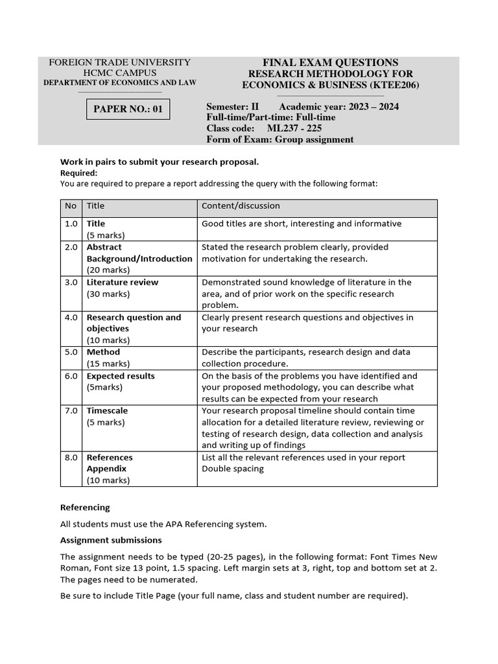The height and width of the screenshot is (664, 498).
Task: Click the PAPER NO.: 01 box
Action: tap(128, 109)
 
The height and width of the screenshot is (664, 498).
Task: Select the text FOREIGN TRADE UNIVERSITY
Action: tap(119, 62)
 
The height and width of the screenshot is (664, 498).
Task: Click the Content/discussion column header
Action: tap(241, 206)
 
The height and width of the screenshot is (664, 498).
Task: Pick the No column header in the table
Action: tap(71, 206)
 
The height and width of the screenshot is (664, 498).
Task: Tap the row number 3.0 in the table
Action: tap(71, 283)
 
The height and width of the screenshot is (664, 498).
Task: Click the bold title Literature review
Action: tap(122, 283)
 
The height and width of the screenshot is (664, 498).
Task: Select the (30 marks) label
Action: tap(108, 294)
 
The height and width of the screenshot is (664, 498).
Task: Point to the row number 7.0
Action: tap(71, 411)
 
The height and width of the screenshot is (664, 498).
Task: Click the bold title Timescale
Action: tap(107, 411)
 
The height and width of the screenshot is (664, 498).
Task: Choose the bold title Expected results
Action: tap(121, 376)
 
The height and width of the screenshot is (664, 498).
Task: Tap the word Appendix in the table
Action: tap(106, 469)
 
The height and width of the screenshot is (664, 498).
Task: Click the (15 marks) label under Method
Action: tap(108, 364)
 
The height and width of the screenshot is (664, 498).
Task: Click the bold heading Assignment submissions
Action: tap(111, 540)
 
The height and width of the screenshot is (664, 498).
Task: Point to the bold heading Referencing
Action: tap(85, 508)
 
